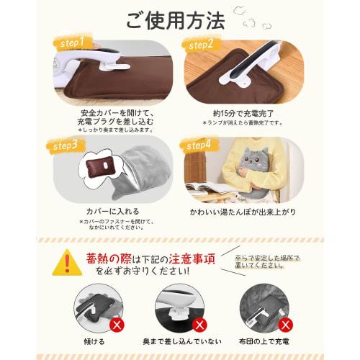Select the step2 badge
tap(202, 44)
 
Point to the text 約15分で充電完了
tap(237, 112)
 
